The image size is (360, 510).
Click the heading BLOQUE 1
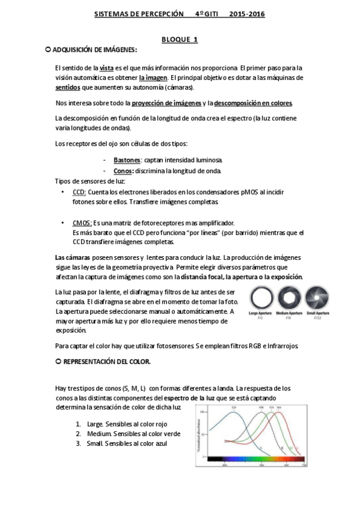click(x=180, y=40)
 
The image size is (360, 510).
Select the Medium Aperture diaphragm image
click(x=288, y=298)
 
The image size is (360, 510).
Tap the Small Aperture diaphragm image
click(x=317, y=298)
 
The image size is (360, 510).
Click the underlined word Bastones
click(x=127, y=160)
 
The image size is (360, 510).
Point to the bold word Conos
click(x=123, y=171)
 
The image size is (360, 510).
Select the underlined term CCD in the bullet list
click(x=79, y=191)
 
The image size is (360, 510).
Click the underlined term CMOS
click(x=82, y=223)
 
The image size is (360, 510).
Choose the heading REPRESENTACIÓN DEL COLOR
click(x=103, y=363)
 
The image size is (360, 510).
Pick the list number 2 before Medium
click(x=78, y=434)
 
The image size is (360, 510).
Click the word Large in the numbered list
click(x=96, y=423)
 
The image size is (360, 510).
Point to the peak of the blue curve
click(x=234, y=413)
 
